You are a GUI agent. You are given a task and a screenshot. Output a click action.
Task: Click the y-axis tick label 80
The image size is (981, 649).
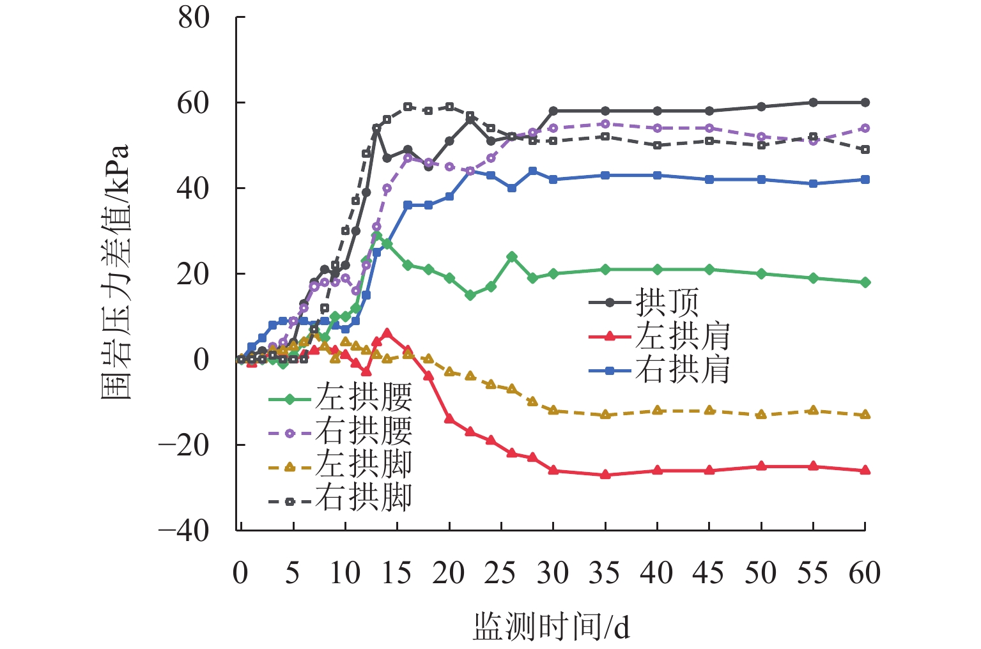coord(194,18)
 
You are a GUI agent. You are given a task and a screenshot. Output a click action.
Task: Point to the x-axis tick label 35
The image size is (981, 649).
coord(605,573)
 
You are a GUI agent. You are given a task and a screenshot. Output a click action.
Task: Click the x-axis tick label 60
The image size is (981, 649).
coord(865,573)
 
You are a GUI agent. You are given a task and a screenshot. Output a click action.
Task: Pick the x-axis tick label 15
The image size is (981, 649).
coord(396,573)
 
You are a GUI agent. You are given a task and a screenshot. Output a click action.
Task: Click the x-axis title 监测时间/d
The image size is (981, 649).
coord(551,627)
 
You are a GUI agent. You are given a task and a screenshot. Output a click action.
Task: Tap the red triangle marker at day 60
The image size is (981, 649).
coord(865,470)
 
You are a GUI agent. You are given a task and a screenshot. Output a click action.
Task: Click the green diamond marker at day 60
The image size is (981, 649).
coord(865,282)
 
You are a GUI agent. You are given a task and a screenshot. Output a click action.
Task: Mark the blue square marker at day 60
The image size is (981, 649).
coord(865,179)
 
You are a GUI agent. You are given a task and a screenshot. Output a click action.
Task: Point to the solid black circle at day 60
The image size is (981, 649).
coord(865,102)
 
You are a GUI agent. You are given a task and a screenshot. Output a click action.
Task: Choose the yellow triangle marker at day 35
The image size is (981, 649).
coord(605,415)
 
